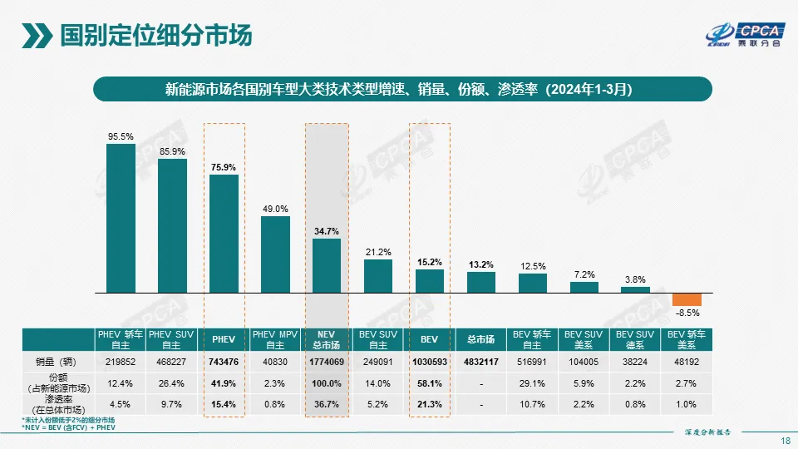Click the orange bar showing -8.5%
click(x=687, y=299)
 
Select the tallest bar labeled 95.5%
click(x=121, y=218)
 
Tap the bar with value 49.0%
click(x=275, y=254)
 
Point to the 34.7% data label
click(x=327, y=231)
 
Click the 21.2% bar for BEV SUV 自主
click(x=378, y=276)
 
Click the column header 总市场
click(x=481, y=339)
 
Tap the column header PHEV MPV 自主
click(x=275, y=339)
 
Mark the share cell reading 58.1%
click(x=429, y=383)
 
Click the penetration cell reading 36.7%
click(x=327, y=405)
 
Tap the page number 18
click(x=786, y=441)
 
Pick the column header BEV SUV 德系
click(x=635, y=339)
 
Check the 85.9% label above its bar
click(x=172, y=151)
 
